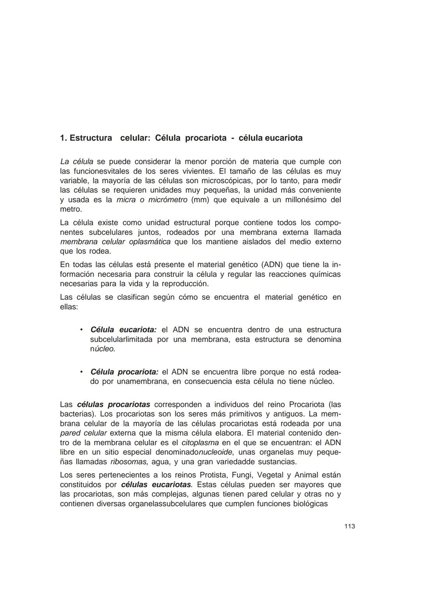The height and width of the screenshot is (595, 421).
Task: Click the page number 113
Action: pos(350,526)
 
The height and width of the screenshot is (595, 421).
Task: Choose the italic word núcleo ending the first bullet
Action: pos(103,349)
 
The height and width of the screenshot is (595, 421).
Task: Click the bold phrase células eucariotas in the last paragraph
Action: pos(156,485)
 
